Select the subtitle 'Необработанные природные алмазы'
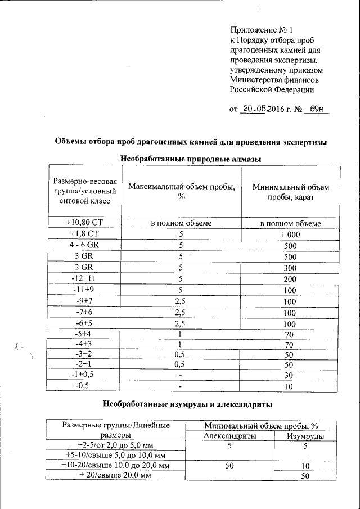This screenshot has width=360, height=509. (192, 160)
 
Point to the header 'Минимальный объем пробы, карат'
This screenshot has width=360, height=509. (290, 192)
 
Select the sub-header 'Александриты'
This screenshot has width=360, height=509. (230, 435)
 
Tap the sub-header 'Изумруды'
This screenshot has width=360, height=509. (305, 435)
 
